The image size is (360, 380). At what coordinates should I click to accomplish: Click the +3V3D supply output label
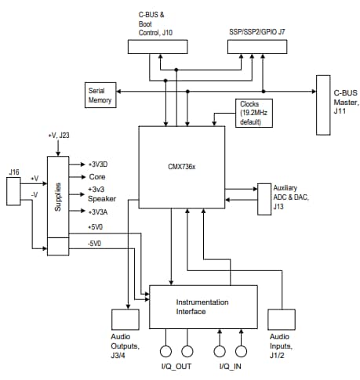(x=100, y=165)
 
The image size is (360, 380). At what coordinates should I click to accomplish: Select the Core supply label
(x=97, y=177)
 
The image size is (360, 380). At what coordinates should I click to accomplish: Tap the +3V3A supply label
(x=100, y=212)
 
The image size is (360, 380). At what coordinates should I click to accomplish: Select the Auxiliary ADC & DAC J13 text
(x=291, y=197)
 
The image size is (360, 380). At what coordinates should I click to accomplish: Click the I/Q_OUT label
(x=176, y=366)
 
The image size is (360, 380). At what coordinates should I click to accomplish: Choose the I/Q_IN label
(x=230, y=366)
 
